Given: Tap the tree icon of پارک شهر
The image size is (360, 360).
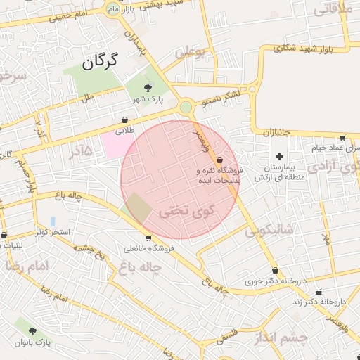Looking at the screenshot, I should click(148, 87).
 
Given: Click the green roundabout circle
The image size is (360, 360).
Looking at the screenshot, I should click(186, 108).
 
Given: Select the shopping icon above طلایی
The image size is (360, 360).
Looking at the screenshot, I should click(124, 120).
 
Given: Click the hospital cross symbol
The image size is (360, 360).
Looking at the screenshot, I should click(279, 156).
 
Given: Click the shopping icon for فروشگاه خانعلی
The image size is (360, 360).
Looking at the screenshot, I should click(148, 238).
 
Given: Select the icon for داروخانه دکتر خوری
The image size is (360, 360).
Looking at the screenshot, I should click(274, 270).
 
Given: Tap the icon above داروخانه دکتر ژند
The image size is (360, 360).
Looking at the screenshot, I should click(319, 291).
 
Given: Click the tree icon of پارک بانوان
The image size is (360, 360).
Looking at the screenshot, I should click(34, 330).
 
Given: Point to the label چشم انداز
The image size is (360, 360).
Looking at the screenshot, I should click(302, 338).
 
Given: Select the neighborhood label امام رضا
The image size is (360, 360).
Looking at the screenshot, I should click(29, 266).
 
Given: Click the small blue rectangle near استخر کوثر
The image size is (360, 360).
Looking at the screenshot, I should click(53, 221).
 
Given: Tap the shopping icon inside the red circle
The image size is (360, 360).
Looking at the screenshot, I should click(220, 159).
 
